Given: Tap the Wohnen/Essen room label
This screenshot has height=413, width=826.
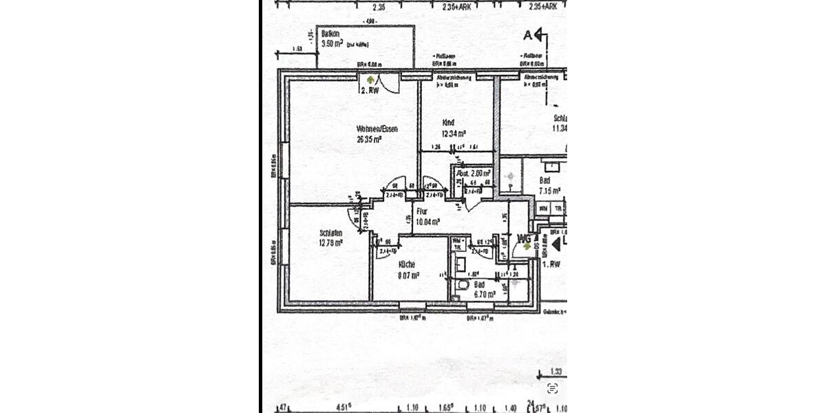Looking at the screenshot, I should click(377, 129).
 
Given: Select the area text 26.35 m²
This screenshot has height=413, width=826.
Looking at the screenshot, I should click(369, 138).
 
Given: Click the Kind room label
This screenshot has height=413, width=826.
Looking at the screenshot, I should click(448, 123).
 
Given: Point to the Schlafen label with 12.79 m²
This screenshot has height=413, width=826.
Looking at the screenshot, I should click(332, 233).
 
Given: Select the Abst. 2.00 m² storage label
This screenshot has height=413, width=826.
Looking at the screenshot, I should click(474, 173).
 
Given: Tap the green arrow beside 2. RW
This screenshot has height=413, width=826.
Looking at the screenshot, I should click(372, 80).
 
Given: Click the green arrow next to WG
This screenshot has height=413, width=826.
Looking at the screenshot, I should click(527, 245).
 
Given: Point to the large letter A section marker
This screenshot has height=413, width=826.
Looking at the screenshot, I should click(529, 34).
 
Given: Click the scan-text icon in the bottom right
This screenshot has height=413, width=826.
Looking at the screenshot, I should click(552, 388).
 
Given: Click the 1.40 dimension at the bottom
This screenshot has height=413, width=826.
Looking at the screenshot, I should click(510, 407).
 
